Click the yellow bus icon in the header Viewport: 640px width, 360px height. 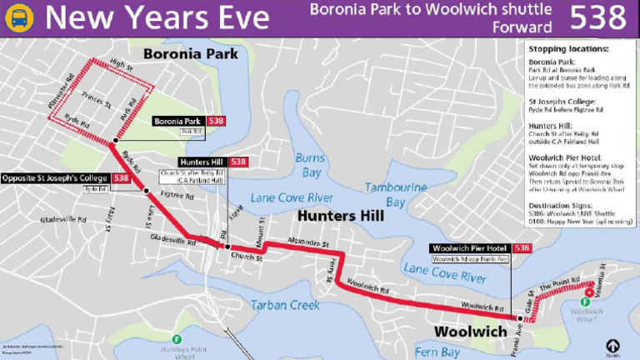coord(19,17)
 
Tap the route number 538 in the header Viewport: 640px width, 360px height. coord(597,18)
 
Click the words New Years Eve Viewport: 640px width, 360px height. coord(157,18)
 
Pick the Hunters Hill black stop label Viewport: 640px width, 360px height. coord(202,162)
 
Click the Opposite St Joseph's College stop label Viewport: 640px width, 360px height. coord(57,178)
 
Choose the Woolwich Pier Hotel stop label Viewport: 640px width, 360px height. coord(472,248)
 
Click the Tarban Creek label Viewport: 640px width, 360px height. coord(285,305)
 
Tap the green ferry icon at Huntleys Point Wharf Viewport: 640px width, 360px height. coord(177,339)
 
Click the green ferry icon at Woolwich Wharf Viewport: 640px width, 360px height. coord(587,301)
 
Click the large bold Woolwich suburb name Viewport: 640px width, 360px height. coord(470,332)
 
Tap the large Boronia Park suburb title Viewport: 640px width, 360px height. coord(190,54)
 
